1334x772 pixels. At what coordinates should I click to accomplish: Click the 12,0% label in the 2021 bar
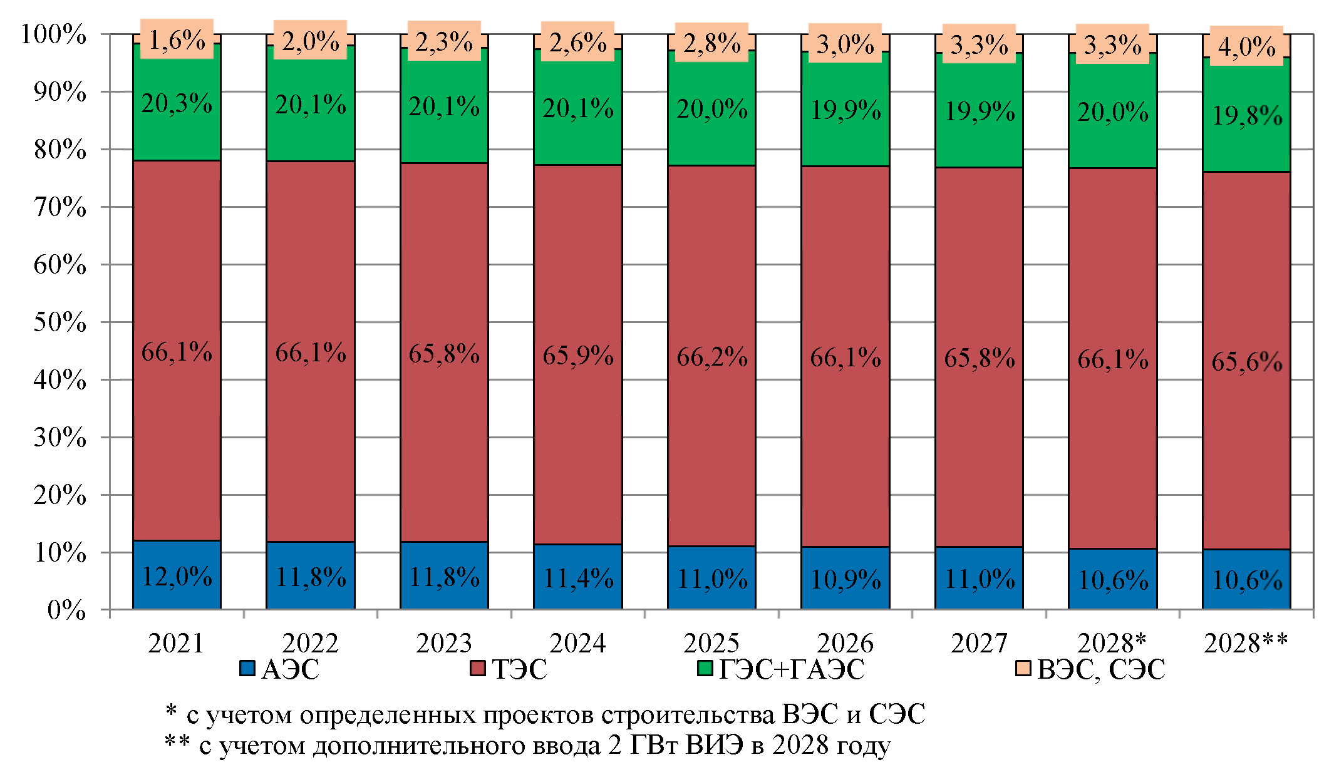pos(177,577)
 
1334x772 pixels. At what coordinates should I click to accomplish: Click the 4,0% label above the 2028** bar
pos(1246,47)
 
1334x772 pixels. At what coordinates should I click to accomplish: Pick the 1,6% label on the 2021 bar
pos(177,41)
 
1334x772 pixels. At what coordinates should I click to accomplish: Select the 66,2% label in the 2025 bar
pos(711,358)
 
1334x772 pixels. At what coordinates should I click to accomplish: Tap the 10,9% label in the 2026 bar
pos(845,580)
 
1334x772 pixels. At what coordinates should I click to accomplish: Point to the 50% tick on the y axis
pos(60,322)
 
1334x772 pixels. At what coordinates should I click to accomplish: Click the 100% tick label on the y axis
pos(54,34)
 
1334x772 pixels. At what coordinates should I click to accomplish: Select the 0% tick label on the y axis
pos(66,610)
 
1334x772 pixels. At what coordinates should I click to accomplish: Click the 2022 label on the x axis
pos(310,643)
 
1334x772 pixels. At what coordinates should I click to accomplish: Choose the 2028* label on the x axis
pos(1112,643)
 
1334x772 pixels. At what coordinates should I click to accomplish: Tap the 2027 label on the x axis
pos(979,643)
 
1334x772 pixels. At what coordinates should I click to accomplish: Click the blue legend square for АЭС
pos(247,668)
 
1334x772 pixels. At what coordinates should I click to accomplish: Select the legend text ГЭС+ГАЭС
pos(792,669)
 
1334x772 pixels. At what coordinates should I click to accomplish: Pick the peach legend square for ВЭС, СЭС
pos(1023,668)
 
